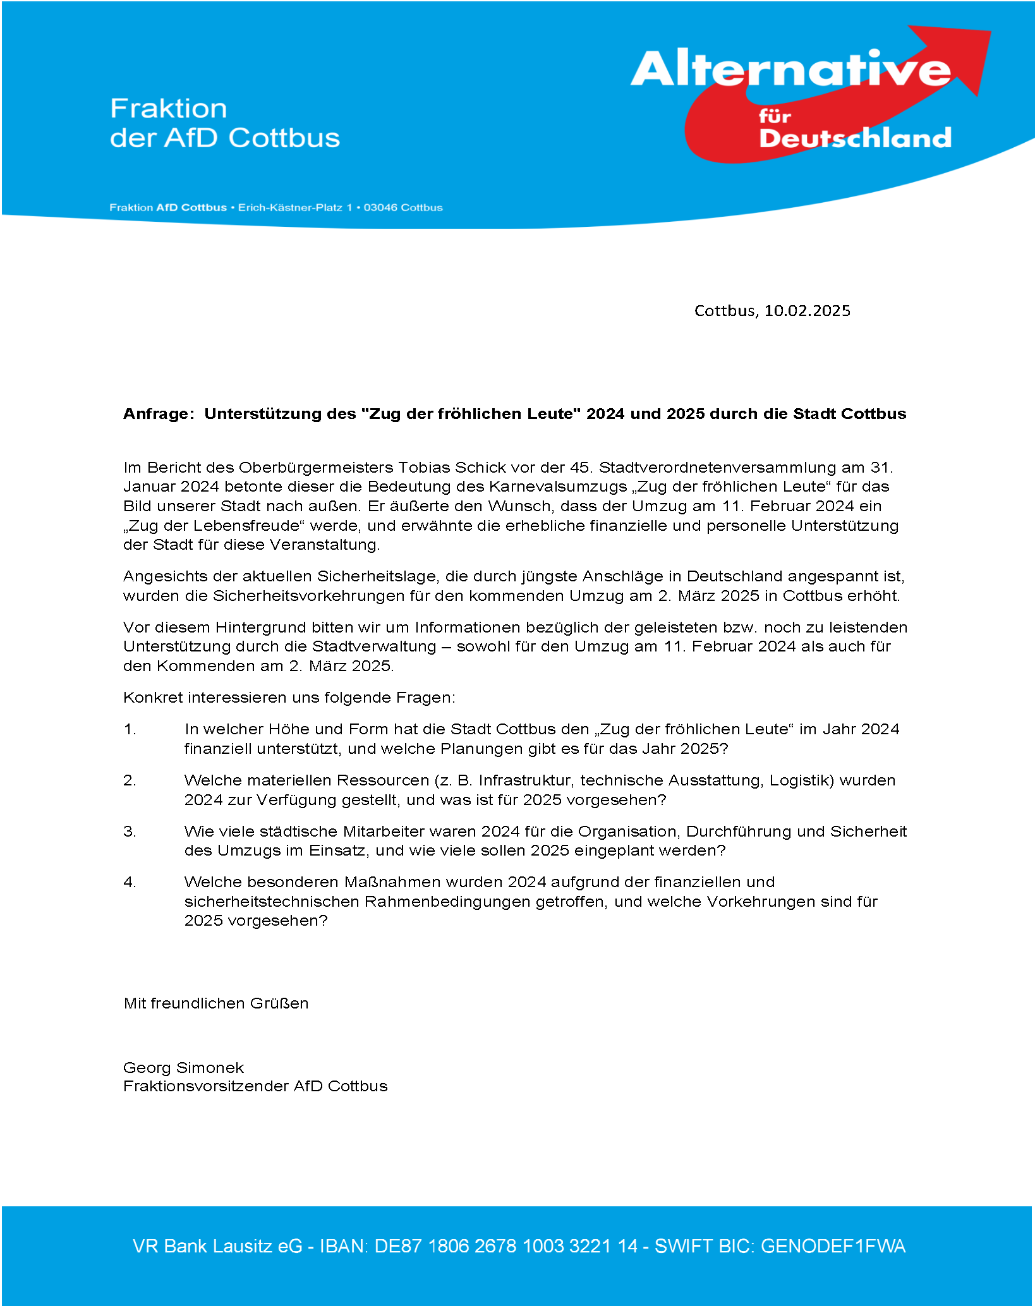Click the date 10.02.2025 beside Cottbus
[x=807, y=310]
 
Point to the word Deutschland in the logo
[x=855, y=138]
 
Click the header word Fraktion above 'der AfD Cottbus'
[x=169, y=108]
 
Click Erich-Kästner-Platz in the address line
[x=289, y=207]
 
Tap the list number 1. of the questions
[x=130, y=729]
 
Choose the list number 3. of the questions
[x=130, y=832]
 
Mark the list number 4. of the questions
[x=130, y=882]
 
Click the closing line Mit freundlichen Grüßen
[x=216, y=1003]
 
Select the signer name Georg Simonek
[x=183, y=1068]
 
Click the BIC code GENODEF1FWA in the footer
[x=833, y=1246]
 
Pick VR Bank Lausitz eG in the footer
[x=217, y=1246]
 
